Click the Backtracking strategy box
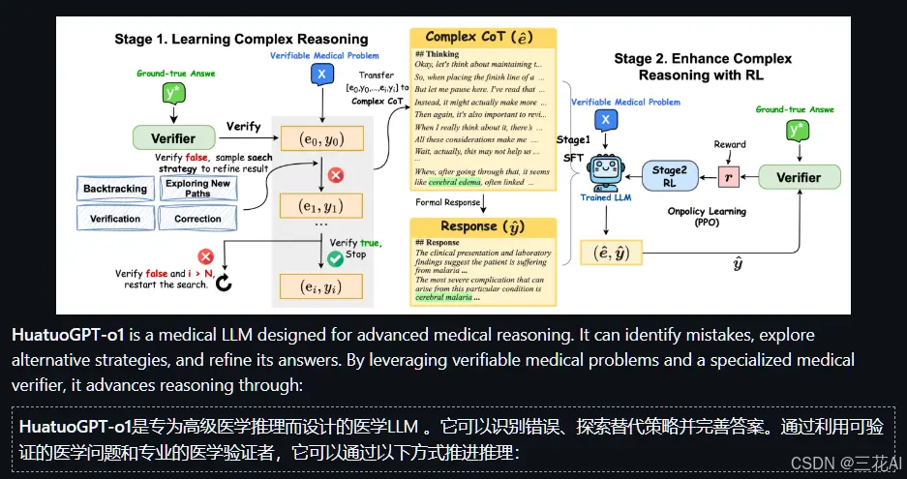[x=115, y=189]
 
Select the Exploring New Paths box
[x=197, y=189]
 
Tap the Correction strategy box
[x=197, y=219]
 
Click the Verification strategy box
[x=115, y=219]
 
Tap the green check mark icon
[x=336, y=258]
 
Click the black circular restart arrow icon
[x=224, y=283]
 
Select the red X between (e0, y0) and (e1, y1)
[x=336, y=175]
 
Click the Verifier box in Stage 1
[x=173, y=138]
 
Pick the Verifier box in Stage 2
[x=796, y=177]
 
